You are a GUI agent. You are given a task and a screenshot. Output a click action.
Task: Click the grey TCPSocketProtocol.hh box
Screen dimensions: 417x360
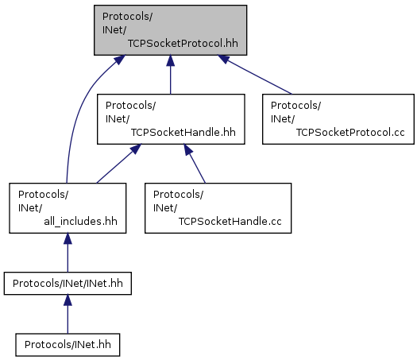tap(170, 30)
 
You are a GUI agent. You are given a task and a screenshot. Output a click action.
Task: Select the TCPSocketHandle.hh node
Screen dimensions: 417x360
tap(171, 119)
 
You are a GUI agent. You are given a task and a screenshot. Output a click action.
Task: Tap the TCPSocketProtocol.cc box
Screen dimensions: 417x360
tap(338, 119)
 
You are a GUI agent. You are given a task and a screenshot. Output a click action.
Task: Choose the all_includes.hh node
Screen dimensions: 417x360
tap(68, 208)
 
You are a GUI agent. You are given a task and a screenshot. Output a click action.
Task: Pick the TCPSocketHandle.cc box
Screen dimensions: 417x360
tap(218, 208)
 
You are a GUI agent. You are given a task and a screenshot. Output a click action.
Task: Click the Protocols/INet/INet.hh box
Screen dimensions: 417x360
tap(68, 284)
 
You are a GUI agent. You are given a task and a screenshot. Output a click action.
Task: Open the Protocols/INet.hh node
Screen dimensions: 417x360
tap(68, 345)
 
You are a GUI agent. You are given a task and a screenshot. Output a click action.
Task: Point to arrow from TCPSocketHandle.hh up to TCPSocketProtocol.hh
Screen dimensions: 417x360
tap(171, 75)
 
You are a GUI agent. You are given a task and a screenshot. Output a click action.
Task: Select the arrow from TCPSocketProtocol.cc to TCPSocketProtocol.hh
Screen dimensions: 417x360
tap(255, 75)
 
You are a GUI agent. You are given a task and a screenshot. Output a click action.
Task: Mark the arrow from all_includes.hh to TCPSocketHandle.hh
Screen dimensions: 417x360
tap(119, 164)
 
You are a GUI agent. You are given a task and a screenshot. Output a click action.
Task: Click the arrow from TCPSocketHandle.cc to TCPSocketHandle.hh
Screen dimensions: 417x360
tap(195, 164)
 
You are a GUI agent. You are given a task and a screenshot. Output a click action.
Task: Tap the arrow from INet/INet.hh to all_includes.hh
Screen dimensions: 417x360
tap(68, 253)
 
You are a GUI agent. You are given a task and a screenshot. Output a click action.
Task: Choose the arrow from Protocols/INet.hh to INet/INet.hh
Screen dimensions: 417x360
tap(68, 314)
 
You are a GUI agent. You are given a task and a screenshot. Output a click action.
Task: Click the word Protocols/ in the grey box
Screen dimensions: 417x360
tap(127, 17)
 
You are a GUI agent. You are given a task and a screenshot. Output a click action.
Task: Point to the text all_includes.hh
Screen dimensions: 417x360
tap(80, 222)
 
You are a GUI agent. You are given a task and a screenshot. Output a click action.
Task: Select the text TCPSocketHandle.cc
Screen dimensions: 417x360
tap(230, 222)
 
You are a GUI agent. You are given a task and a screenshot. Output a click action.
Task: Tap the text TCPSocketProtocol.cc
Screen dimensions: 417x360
tap(350, 132)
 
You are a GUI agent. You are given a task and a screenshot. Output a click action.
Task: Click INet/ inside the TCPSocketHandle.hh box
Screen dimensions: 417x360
tap(118, 119)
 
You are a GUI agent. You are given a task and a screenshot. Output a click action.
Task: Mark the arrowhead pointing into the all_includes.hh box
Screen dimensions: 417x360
tap(68, 238)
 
